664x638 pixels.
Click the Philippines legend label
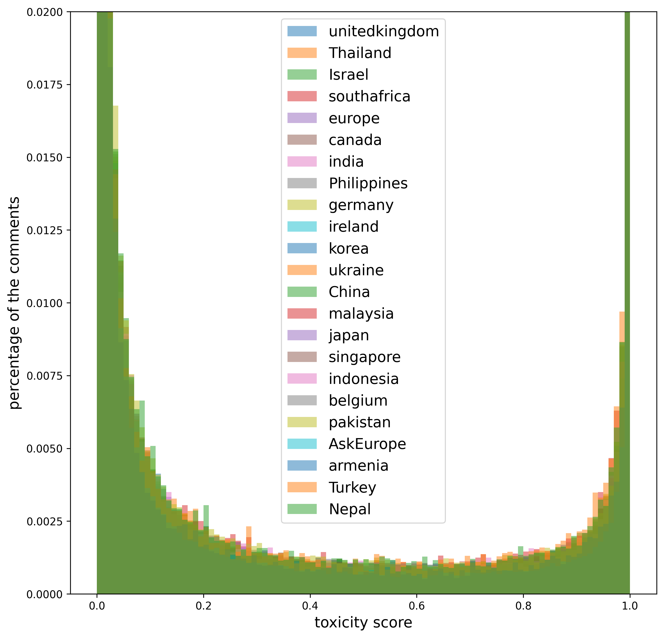pyautogui.click(x=368, y=184)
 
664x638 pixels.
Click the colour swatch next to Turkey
pyautogui.click(x=302, y=487)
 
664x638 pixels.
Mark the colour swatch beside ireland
pyautogui.click(x=302, y=227)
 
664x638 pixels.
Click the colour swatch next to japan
pyautogui.click(x=302, y=335)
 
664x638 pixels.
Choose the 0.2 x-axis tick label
pyautogui.click(x=204, y=606)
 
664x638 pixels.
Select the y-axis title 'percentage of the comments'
pyautogui.click(x=14, y=303)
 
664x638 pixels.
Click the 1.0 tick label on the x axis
pyautogui.click(x=630, y=606)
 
